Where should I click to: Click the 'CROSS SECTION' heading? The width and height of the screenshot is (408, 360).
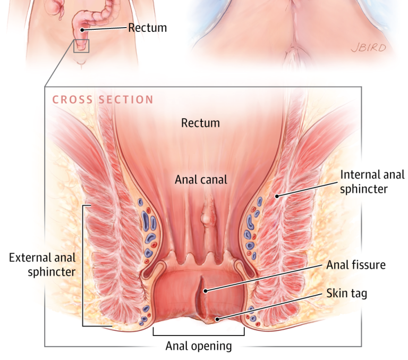point(103,100)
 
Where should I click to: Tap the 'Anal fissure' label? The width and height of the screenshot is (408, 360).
point(355,264)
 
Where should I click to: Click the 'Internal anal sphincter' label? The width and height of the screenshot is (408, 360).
point(372,181)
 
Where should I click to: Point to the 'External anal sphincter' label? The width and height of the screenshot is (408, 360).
point(42,265)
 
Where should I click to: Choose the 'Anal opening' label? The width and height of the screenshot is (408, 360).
point(199,346)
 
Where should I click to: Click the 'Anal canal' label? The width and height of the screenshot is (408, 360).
point(201,180)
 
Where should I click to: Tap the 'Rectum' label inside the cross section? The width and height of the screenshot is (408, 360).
point(200,123)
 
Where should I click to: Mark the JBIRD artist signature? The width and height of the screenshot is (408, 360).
point(368,48)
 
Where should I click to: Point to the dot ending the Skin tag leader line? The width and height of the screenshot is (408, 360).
point(217,319)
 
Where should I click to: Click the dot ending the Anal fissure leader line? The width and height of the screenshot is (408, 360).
point(205,290)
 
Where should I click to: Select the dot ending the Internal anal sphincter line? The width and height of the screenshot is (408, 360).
point(277,196)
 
